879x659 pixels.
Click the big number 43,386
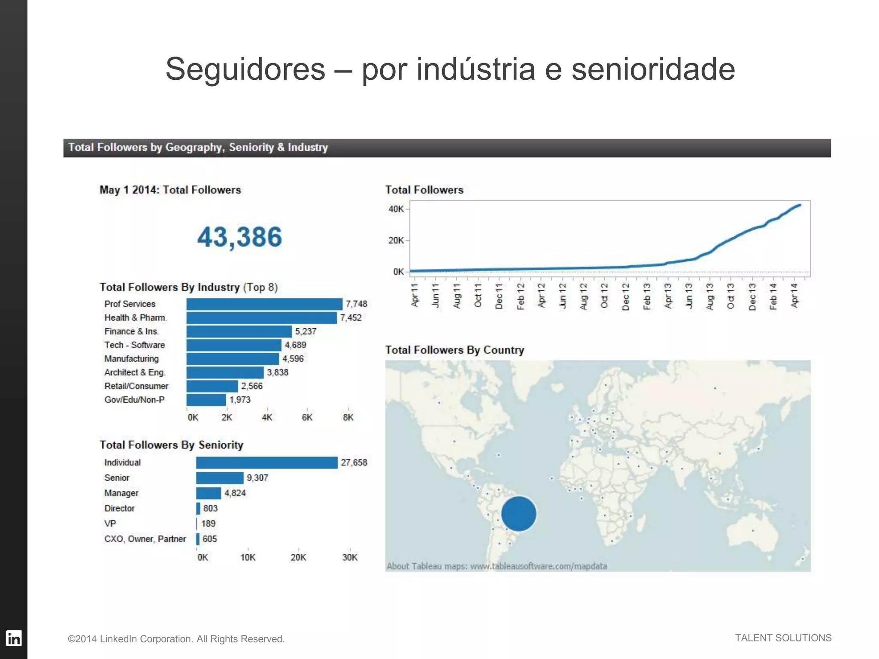tap(239, 237)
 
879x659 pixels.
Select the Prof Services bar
tap(264, 304)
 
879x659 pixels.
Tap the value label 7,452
tap(351, 318)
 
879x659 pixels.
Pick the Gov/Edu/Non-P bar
tap(206, 400)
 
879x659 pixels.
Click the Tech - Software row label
tap(134, 345)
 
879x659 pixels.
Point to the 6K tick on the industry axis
tap(307, 417)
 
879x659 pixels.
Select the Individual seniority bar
tap(267, 463)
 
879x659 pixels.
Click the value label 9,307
tap(257, 478)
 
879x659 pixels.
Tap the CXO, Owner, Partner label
tap(145, 539)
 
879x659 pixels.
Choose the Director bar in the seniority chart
tap(198, 508)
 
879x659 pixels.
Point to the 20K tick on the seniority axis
tap(298, 557)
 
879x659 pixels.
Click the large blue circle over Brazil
tap(518, 514)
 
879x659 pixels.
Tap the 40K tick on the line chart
tap(396, 209)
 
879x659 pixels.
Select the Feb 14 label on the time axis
tap(773, 296)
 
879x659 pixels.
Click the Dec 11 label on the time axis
tap(499, 296)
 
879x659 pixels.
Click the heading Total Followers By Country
tap(455, 350)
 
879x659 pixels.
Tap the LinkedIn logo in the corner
tap(14, 638)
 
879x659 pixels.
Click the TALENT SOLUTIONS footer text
tap(783, 638)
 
